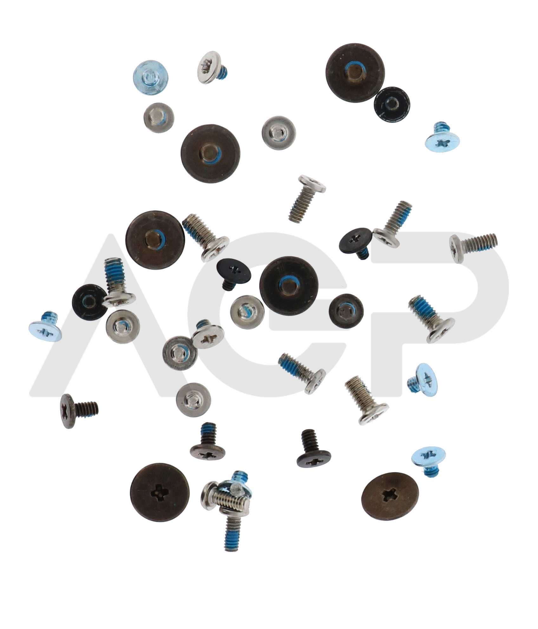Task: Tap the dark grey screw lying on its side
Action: pos(78,410)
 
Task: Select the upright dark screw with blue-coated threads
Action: pos(208,440)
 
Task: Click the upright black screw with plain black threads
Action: pos(314,448)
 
